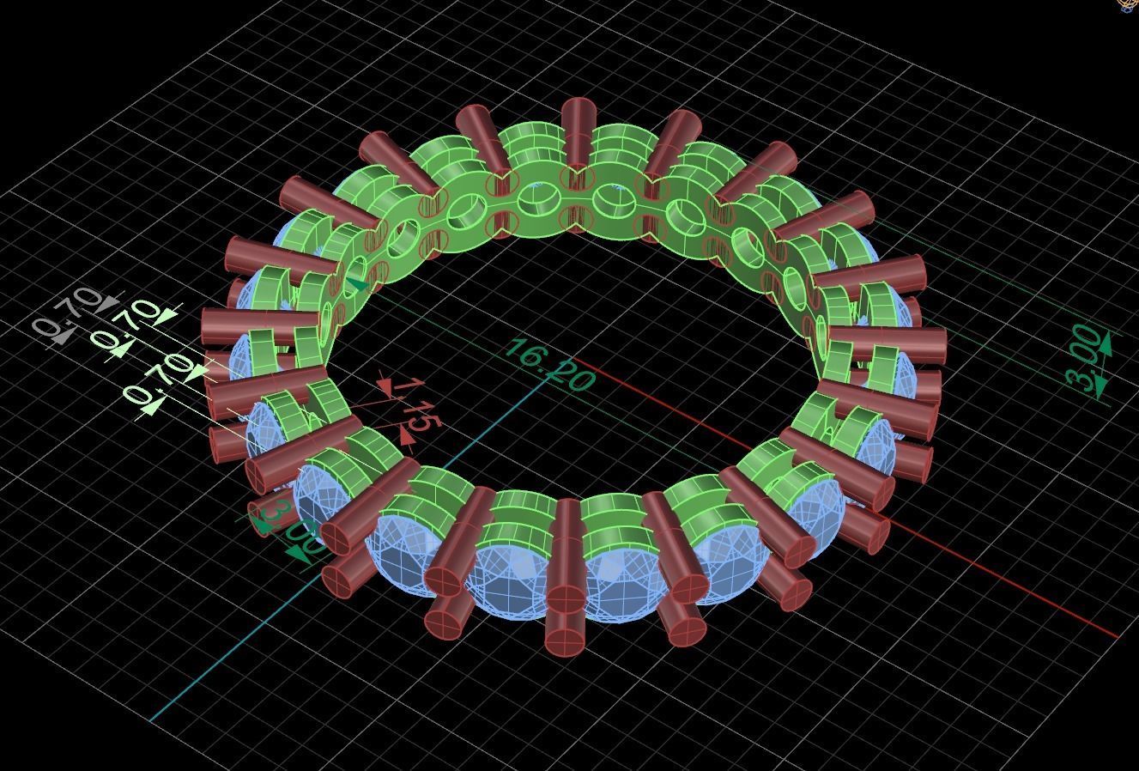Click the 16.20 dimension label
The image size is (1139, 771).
550,365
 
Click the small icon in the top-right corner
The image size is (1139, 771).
1130,4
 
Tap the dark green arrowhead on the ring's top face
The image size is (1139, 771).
357,282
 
